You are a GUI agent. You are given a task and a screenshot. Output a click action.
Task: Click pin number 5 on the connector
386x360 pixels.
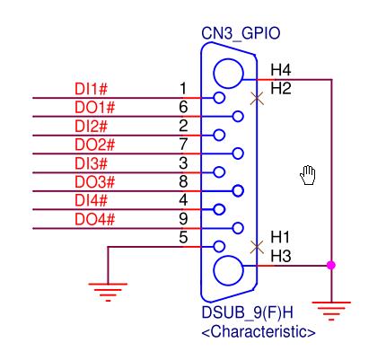182,239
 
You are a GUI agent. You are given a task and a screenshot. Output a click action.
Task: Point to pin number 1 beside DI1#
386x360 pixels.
182,89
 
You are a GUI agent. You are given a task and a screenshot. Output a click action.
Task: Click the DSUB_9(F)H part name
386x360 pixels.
241,317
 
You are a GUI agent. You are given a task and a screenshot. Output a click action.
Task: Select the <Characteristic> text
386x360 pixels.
258,334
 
